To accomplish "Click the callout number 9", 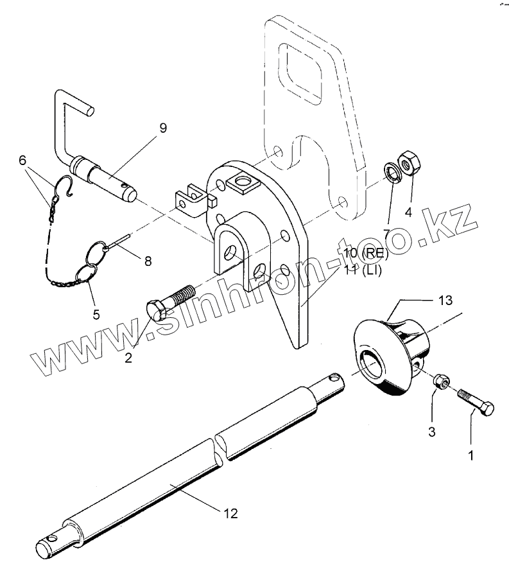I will pyautogui.click(x=163, y=128).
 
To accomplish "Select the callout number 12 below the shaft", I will pyautogui.click(x=230, y=512).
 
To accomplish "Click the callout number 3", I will pyautogui.click(x=431, y=432).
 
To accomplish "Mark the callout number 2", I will pyautogui.click(x=128, y=358).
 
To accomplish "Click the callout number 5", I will pyautogui.click(x=96, y=315).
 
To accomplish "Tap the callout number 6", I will pyautogui.click(x=22, y=160).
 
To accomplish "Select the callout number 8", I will pyautogui.click(x=148, y=261).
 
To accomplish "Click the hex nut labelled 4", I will pyautogui.click(x=408, y=164).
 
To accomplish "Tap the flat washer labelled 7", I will pyautogui.click(x=391, y=171).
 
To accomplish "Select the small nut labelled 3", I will pyautogui.click(x=440, y=381).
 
